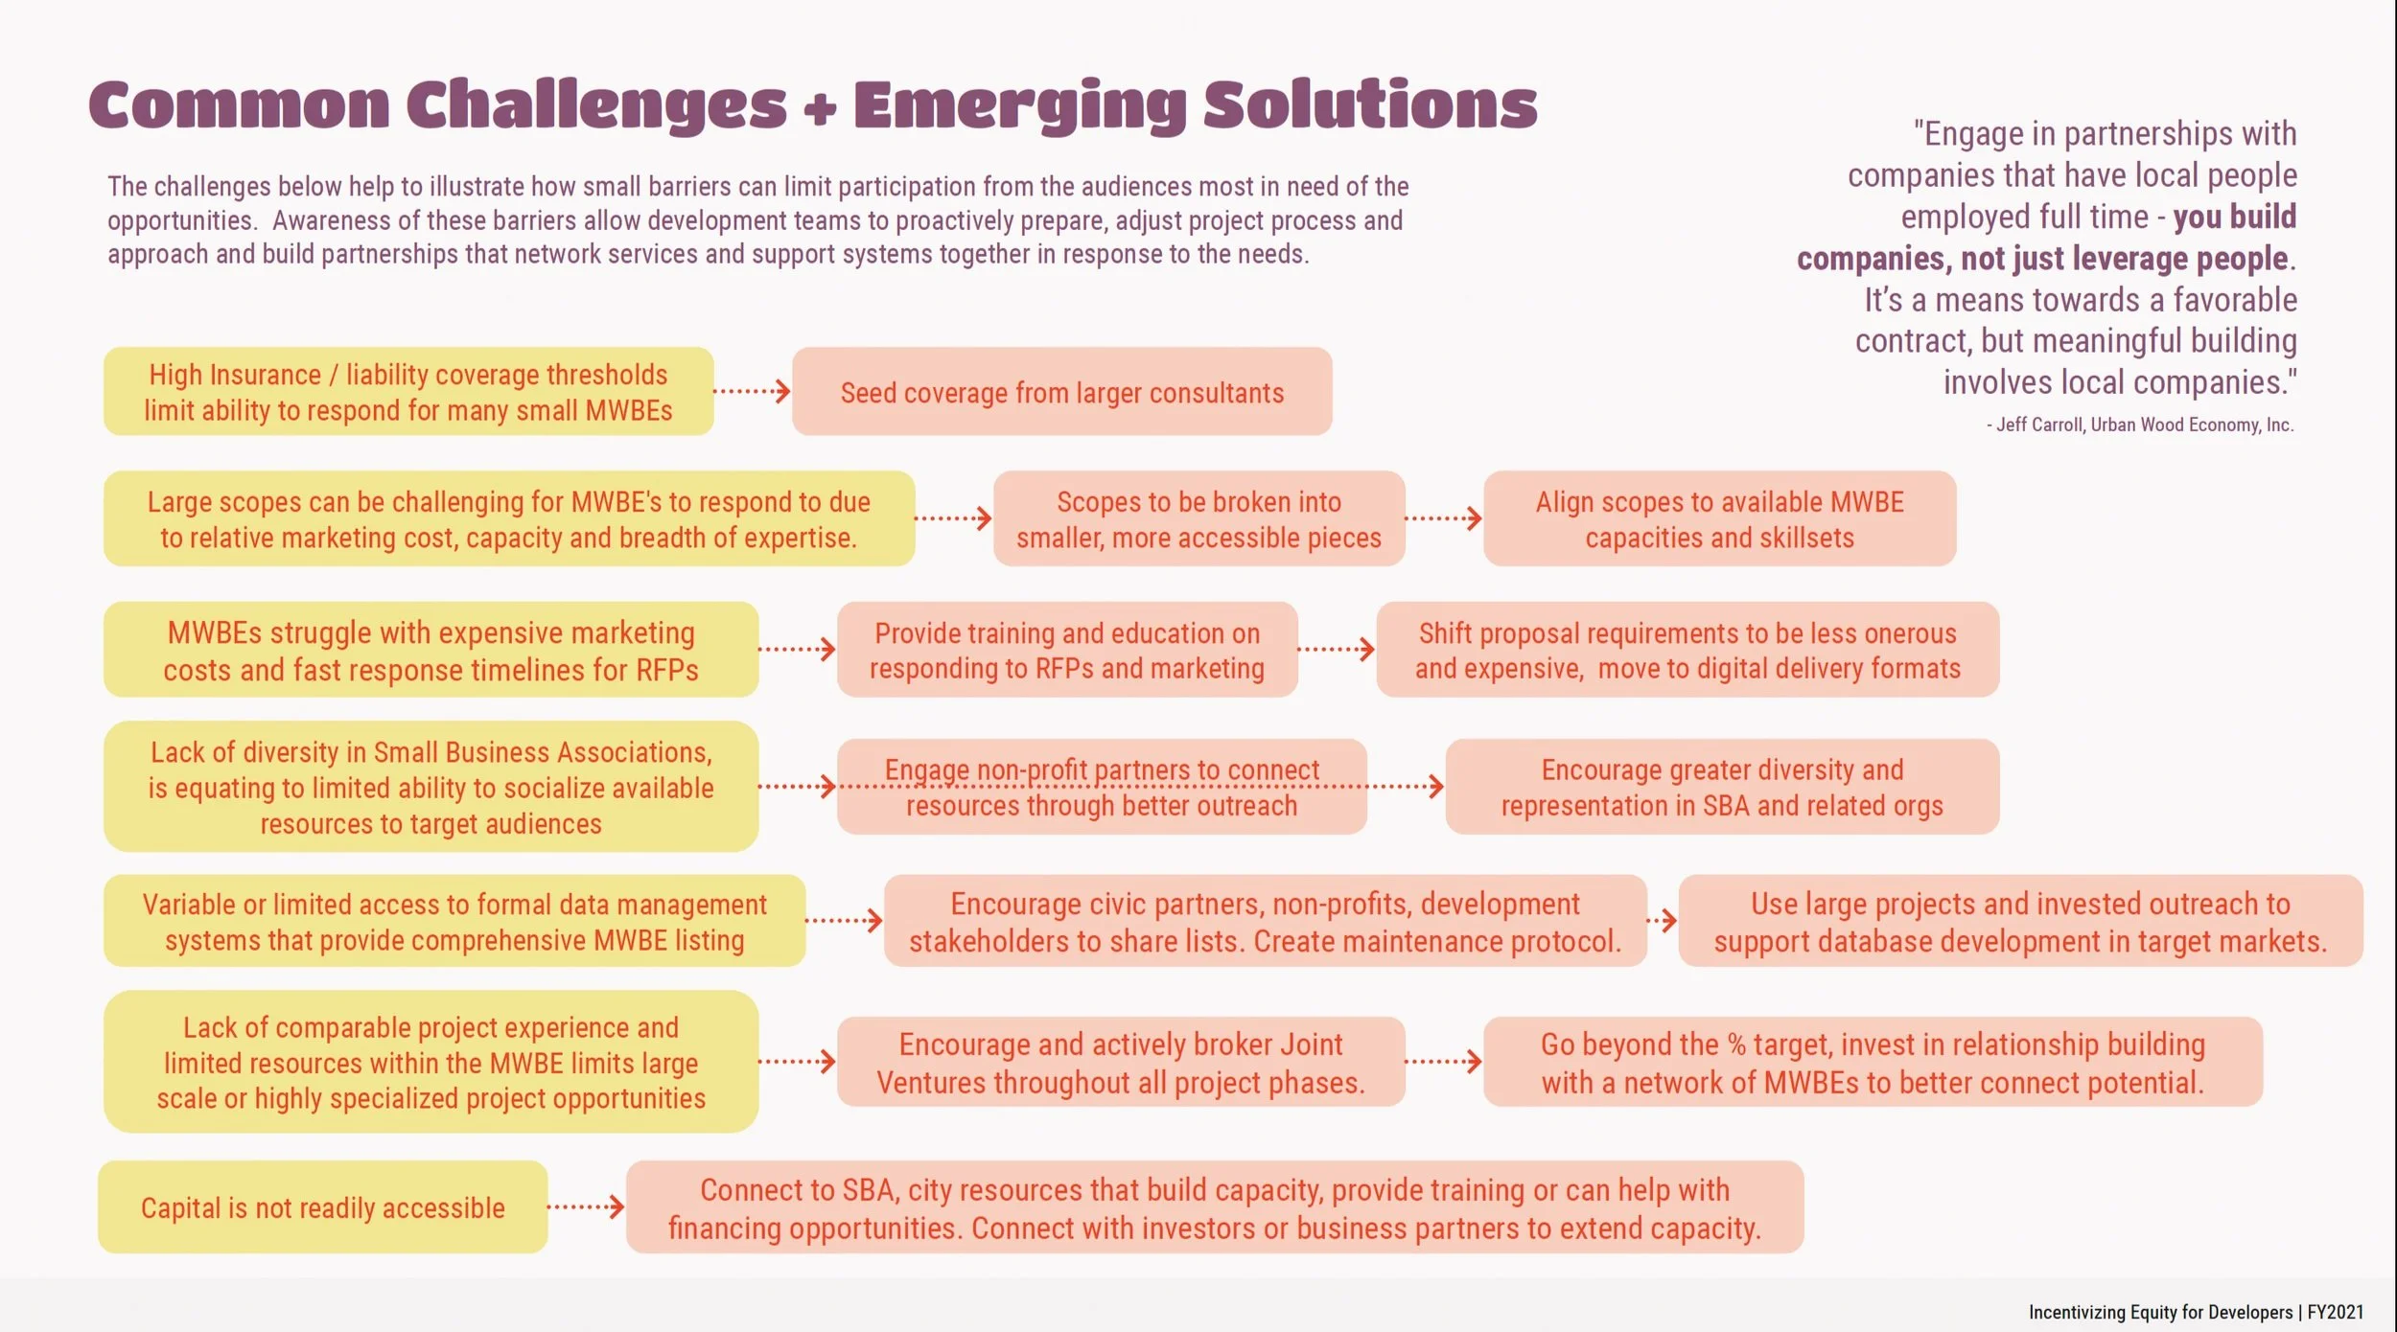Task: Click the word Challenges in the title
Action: (x=595, y=105)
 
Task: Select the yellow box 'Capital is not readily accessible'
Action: (x=322, y=1207)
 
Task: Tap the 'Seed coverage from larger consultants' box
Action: (x=1061, y=392)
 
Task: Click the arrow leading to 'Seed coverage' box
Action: (x=753, y=391)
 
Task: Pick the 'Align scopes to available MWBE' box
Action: (x=1719, y=518)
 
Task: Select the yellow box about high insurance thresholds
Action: (x=408, y=392)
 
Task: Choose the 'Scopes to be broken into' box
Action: (x=1198, y=518)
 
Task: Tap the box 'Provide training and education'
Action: (x=1066, y=650)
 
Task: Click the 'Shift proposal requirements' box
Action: (x=1687, y=650)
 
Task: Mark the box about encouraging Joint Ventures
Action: (x=1120, y=1062)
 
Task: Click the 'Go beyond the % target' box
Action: (x=1873, y=1062)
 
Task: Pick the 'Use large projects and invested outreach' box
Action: (x=2020, y=921)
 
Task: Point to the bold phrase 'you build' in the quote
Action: (x=2234, y=218)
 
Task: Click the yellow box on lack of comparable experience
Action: (x=431, y=1062)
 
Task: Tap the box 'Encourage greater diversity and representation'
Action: (x=1722, y=787)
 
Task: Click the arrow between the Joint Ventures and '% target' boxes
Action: (x=1444, y=1062)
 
